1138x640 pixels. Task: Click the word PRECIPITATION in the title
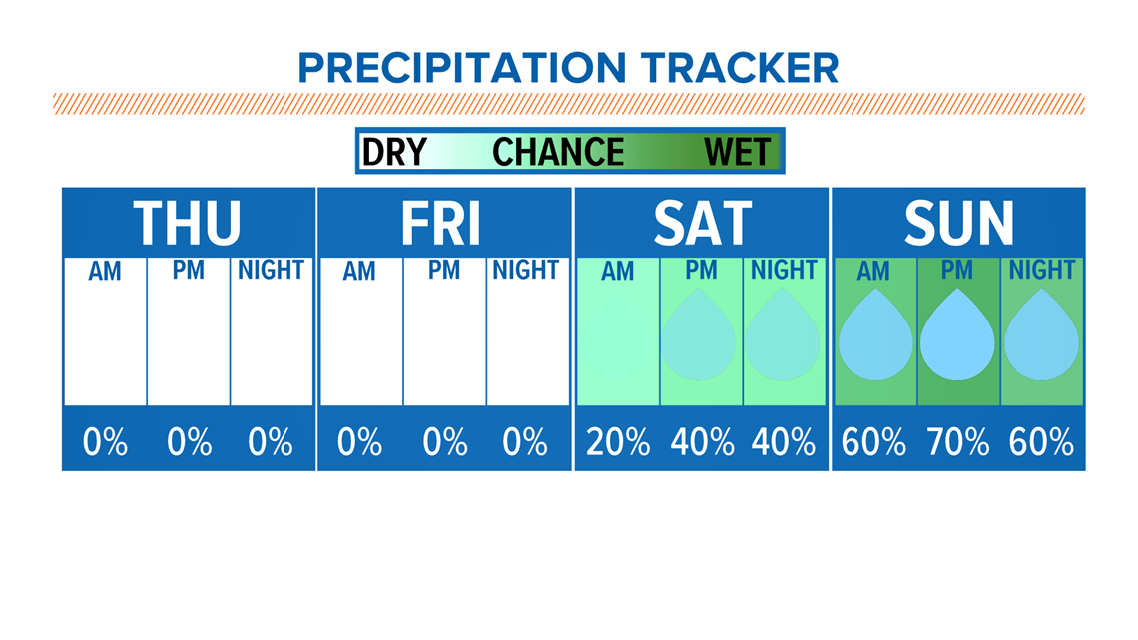[x=461, y=68]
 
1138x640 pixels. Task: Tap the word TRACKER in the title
[x=740, y=68]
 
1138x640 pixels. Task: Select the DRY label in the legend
[x=394, y=152]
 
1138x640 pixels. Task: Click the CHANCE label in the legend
[x=557, y=152]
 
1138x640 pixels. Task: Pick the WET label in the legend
[x=737, y=152]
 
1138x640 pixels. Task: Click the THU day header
[x=187, y=223]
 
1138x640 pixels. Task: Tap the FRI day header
[x=440, y=223]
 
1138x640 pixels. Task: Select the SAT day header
[x=702, y=223]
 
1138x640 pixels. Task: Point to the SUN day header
[x=958, y=223]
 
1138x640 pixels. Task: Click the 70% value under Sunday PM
[x=958, y=442]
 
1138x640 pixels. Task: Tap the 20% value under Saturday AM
[x=618, y=442]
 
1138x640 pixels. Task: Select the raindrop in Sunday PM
[x=957, y=334]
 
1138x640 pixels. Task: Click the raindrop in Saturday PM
[x=698, y=334]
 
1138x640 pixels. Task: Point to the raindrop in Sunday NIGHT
[x=1041, y=334]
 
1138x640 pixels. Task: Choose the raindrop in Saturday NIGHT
[x=782, y=334]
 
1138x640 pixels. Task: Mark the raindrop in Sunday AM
[x=875, y=334]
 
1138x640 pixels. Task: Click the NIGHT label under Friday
[x=525, y=270]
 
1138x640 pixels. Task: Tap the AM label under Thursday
[x=105, y=271]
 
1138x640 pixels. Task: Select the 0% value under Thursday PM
[x=190, y=442]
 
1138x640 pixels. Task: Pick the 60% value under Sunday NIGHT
[x=1041, y=442]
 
